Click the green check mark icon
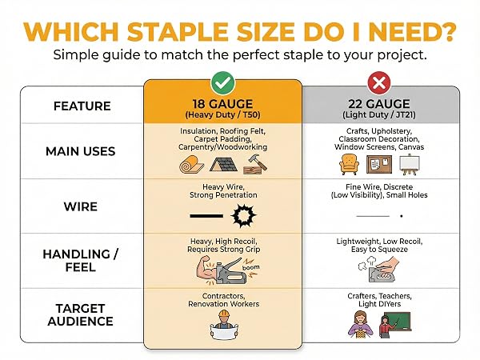click(x=222, y=82)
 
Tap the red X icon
click(x=379, y=82)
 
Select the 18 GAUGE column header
click(x=222, y=108)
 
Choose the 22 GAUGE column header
click(x=379, y=108)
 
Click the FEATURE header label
click(x=82, y=106)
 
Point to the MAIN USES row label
click(x=81, y=151)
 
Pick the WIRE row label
click(x=81, y=206)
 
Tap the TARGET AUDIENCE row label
click(x=81, y=314)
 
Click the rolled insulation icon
click(x=192, y=164)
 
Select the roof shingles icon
click(x=223, y=164)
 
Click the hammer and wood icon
click(x=254, y=164)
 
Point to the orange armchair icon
click(x=350, y=164)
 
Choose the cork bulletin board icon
click(x=379, y=164)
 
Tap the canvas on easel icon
click(x=410, y=165)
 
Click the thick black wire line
click(x=206, y=216)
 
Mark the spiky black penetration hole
click(x=243, y=215)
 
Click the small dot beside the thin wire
click(x=402, y=216)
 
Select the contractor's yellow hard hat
click(x=224, y=314)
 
